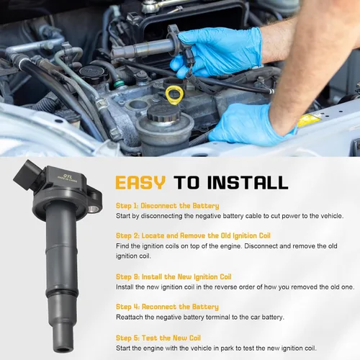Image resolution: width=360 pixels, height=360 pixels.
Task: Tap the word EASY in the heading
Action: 140,183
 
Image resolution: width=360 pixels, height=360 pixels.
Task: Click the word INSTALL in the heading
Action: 248,183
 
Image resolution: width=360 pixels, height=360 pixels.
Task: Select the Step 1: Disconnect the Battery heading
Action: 167,206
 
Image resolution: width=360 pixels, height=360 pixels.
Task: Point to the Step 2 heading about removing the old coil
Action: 193,235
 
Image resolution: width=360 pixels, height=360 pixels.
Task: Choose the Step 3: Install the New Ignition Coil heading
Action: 174,276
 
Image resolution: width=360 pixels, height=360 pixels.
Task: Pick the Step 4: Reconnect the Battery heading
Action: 167,307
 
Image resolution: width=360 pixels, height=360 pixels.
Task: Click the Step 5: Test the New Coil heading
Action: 158,338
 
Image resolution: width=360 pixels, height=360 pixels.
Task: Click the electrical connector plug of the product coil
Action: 27,174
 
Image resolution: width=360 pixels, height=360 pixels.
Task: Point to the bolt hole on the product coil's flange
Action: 93,209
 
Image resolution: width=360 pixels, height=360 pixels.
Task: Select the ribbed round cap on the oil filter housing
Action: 164,113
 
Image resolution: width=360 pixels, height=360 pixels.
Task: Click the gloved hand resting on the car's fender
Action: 251,125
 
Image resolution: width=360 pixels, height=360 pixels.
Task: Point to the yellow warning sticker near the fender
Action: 309,120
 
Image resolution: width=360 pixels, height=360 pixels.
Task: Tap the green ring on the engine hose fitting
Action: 120,84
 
